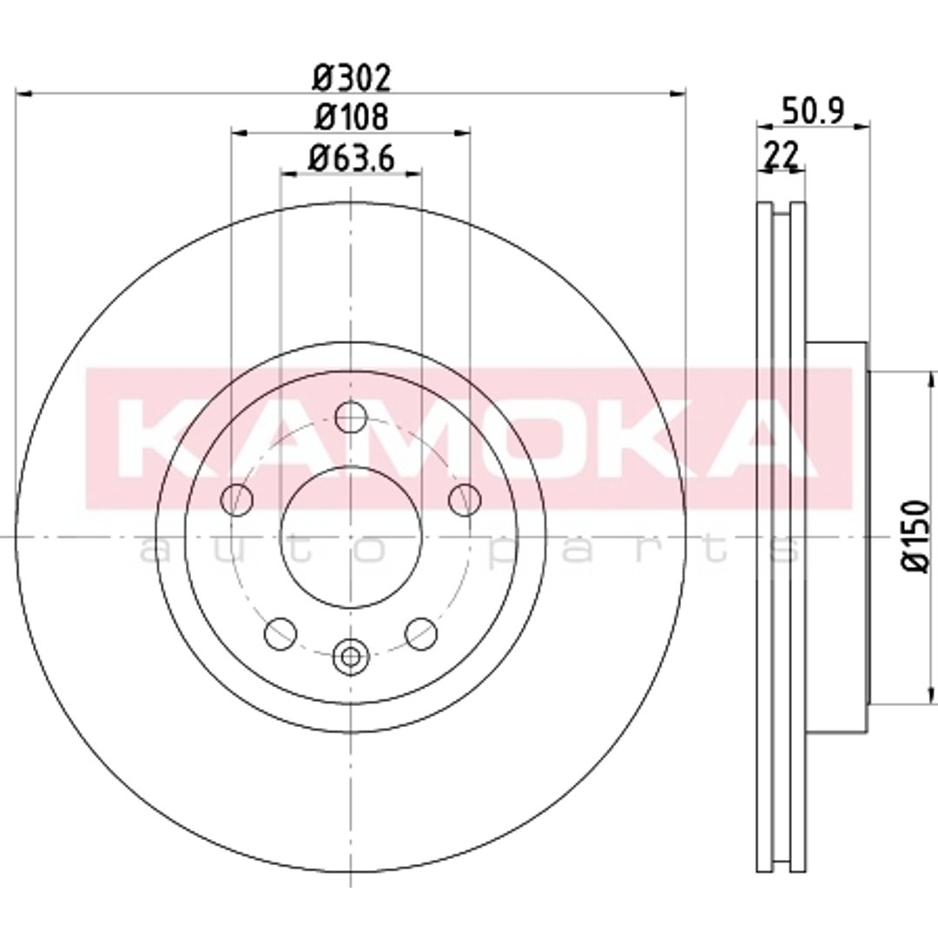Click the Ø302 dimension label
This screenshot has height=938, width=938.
click(x=352, y=78)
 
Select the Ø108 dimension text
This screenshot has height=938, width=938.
click(x=352, y=116)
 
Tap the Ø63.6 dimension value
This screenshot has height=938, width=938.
click(x=352, y=159)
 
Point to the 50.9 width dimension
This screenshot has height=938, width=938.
click(x=813, y=110)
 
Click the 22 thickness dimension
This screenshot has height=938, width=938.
click(x=782, y=155)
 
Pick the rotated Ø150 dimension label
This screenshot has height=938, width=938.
click(x=916, y=537)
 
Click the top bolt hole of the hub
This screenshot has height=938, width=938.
click(x=351, y=417)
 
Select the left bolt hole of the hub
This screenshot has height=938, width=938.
click(x=237, y=499)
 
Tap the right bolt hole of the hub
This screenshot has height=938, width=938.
click(x=465, y=499)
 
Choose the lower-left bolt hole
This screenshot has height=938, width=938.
click(x=281, y=633)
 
